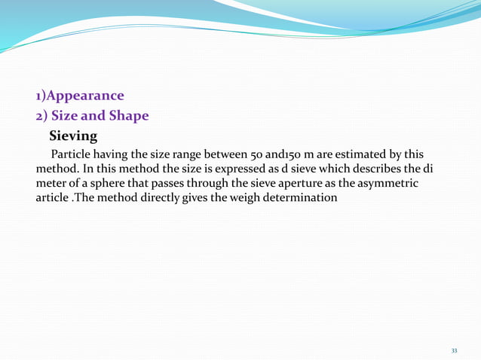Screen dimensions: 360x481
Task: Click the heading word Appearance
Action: click(x=84, y=96)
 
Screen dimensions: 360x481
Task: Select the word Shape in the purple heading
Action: click(x=129, y=116)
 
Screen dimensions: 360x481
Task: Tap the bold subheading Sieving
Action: click(x=73, y=136)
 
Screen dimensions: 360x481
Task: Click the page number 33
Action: click(x=454, y=351)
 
